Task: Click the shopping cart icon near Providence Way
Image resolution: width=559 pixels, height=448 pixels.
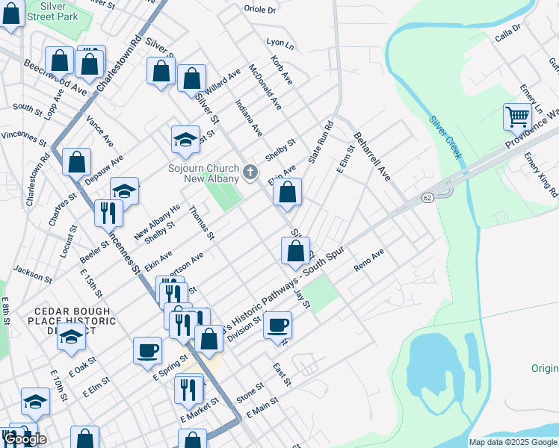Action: click(516, 117)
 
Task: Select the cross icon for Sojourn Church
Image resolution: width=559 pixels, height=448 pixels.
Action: click(250, 173)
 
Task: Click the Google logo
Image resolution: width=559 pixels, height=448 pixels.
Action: click(25, 439)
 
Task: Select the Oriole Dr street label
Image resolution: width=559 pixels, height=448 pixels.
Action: click(259, 10)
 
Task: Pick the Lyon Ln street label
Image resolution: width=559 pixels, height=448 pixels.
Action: click(279, 45)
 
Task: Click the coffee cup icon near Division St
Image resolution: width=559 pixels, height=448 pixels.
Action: click(277, 325)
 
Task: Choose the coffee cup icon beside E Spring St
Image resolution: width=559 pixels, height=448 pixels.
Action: click(147, 349)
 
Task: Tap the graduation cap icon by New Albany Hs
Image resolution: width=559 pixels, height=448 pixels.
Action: click(125, 191)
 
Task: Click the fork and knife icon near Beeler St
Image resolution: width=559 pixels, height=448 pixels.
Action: click(108, 212)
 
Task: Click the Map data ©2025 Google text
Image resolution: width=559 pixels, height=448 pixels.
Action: click(512, 442)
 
